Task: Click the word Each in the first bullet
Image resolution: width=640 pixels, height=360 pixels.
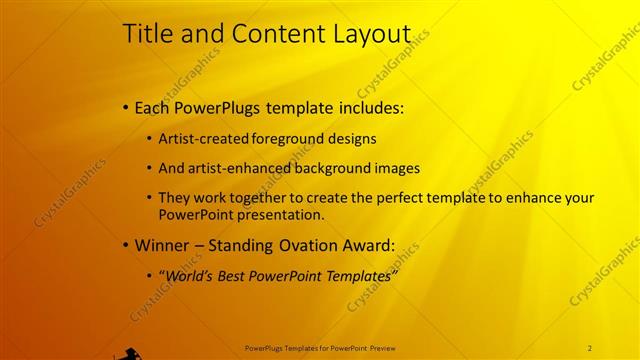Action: click(151, 108)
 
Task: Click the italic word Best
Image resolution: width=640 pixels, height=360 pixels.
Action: click(231, 275)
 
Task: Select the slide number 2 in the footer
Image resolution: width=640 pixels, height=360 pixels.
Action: click(590, 347)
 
